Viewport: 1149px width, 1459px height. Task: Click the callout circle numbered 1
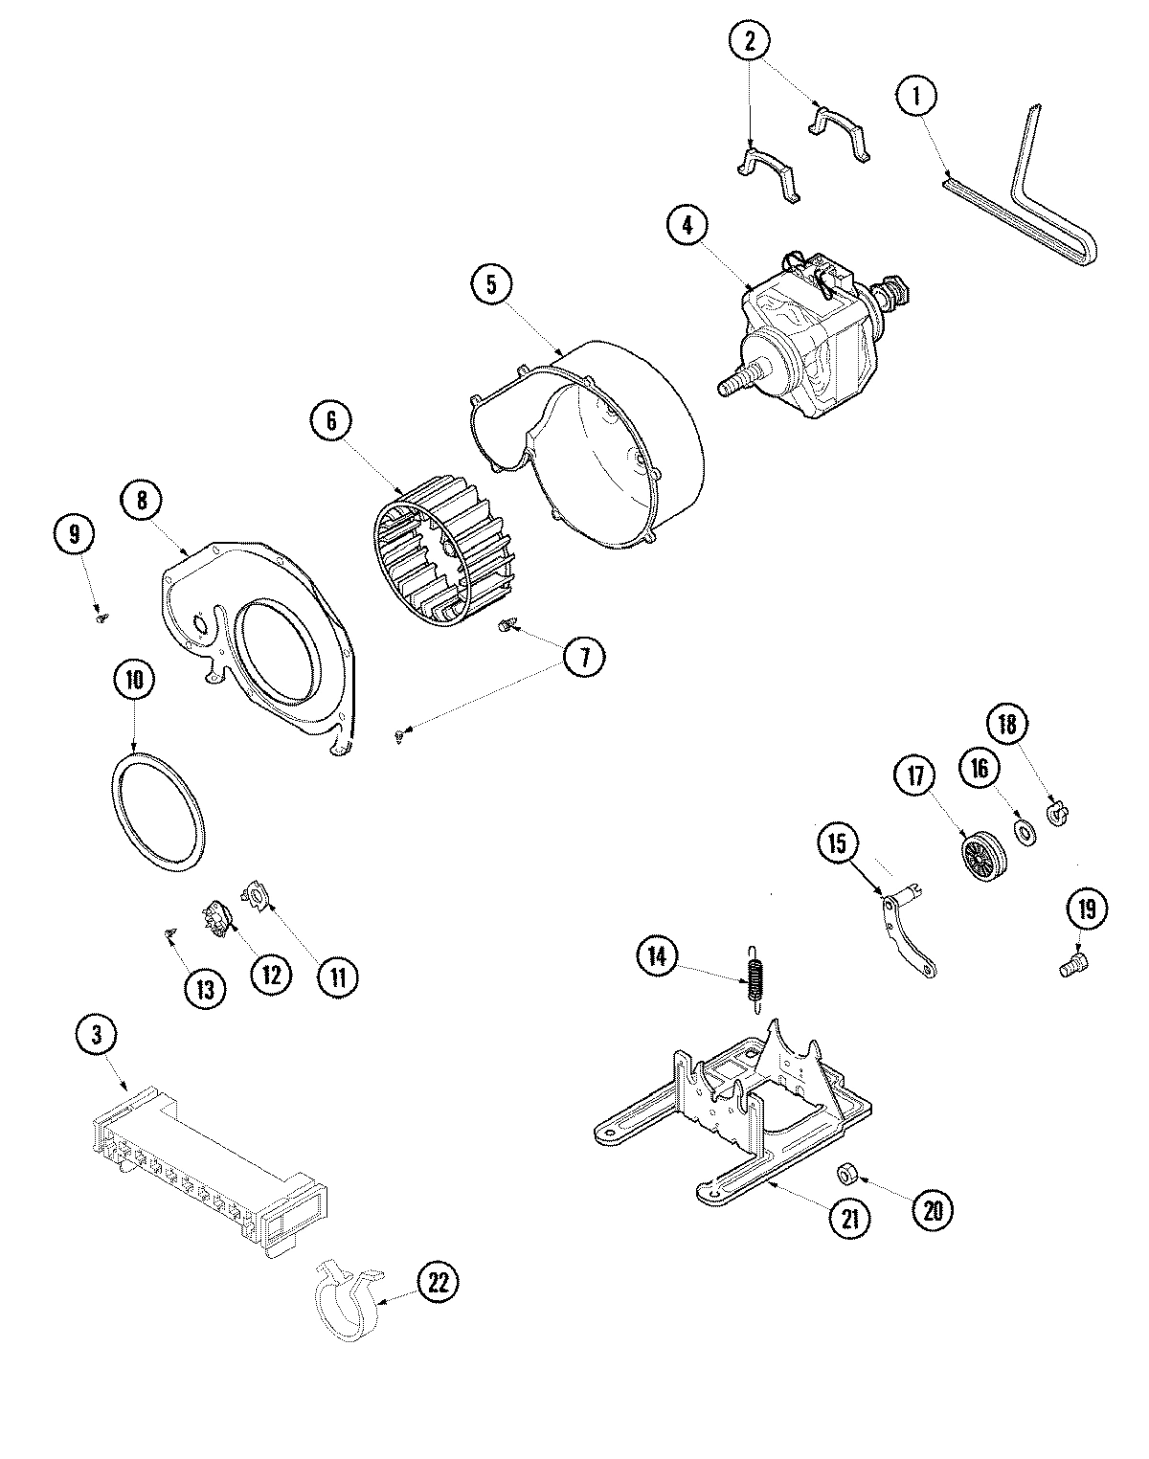point(916,96)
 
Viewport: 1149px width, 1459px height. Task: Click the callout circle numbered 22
point(438,1282)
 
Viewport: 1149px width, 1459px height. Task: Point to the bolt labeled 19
point(1071,969)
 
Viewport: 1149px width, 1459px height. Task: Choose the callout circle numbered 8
point(142,500)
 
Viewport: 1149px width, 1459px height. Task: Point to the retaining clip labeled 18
point(1059,814)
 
